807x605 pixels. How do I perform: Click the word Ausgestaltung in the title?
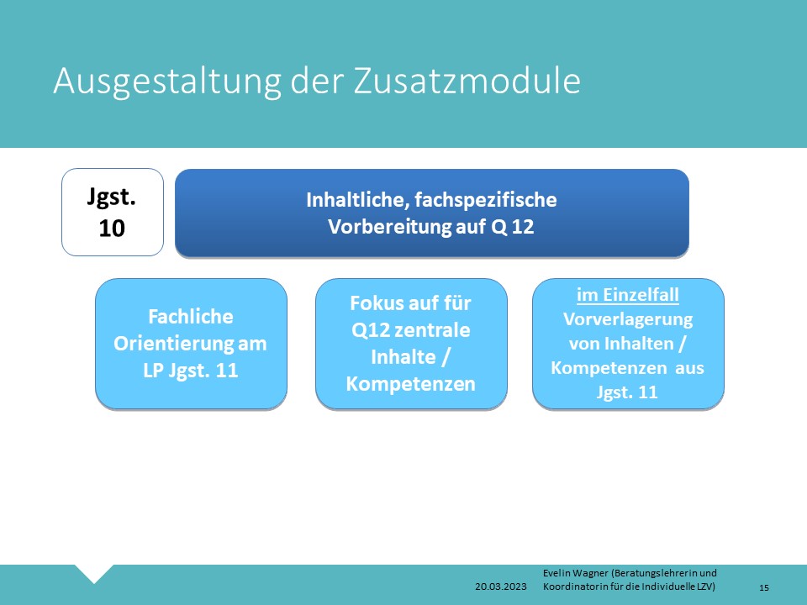167,82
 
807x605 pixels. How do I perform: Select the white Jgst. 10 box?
112,212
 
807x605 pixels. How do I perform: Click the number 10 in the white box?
112,228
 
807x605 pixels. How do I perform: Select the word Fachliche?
191,317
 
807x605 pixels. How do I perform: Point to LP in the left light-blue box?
153,371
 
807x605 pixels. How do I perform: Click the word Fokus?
374,303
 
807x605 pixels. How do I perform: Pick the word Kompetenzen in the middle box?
411,384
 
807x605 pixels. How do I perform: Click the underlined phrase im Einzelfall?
627,295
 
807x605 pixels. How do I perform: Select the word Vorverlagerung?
628,319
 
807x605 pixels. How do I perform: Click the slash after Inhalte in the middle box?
446,357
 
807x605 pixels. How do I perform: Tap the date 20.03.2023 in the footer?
501,587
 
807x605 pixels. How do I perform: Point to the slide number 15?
764,587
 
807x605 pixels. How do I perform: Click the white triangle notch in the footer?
94,572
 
